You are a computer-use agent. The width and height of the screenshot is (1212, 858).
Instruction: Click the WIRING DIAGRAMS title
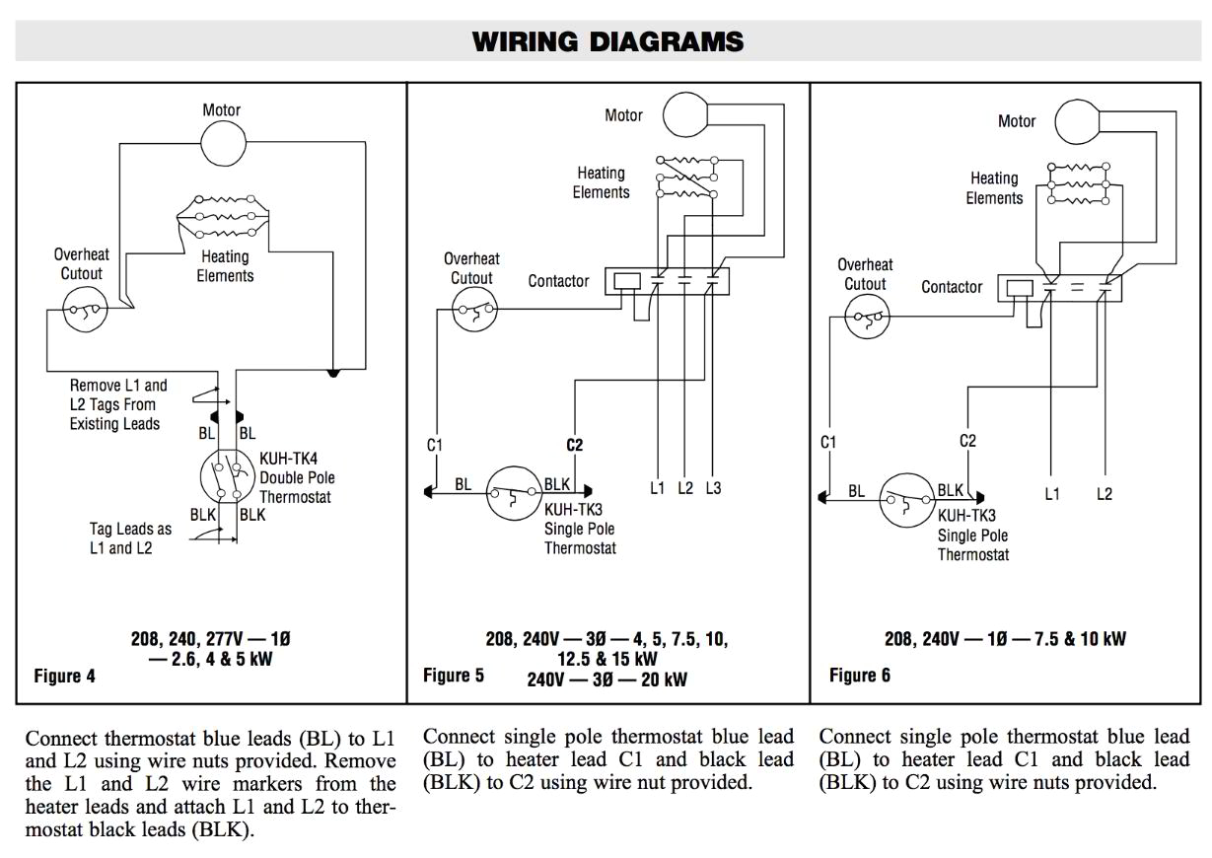point(607,41)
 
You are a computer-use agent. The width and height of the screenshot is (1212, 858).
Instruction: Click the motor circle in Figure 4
point(223,144)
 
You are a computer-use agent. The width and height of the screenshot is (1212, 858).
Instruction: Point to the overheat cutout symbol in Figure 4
point(82,314)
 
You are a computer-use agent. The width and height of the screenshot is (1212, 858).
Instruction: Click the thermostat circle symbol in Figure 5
point(514,492)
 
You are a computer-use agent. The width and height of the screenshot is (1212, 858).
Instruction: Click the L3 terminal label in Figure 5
point(713,488)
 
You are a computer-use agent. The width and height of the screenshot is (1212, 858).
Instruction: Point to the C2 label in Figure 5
point(574,445)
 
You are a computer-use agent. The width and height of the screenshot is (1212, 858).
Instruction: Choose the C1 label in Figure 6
point(828,442)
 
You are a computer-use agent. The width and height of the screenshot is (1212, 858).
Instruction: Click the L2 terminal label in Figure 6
point(1104,494)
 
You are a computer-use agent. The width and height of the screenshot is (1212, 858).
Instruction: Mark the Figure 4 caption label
point(65,676)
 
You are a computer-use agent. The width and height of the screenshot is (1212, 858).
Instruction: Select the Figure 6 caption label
point(859,675)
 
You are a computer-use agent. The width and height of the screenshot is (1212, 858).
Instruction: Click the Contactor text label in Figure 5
point(558,281)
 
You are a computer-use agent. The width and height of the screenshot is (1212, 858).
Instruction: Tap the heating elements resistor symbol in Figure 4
point(222,215)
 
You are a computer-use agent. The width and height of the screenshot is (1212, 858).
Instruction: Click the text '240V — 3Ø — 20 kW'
point(606,679)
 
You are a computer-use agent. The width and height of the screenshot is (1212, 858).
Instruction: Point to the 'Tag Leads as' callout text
point(130,529)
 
